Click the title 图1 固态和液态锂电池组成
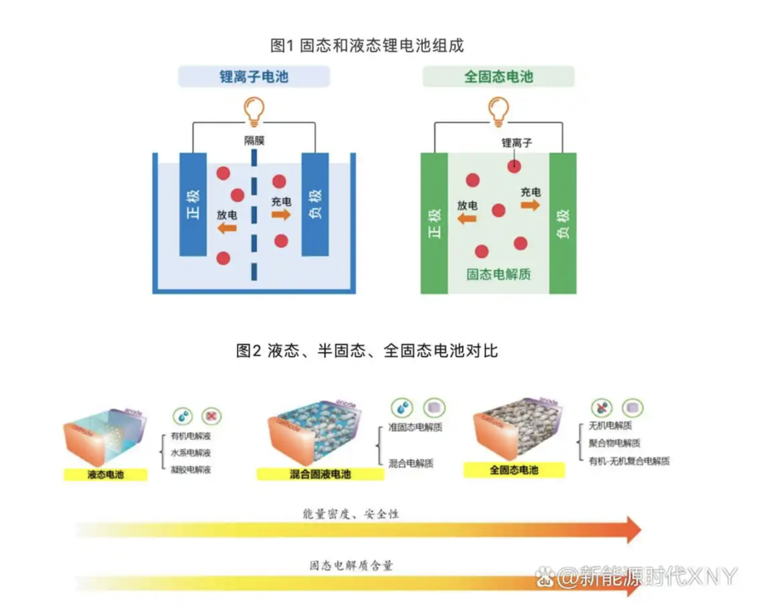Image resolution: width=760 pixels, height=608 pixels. click(x=367, y=45)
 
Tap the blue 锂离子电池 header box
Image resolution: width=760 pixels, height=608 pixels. click(x=254, y=76)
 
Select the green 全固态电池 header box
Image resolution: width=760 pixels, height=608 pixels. click(x=498, y=76)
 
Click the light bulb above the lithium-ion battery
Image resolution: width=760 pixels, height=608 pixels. click(x=254, y=110)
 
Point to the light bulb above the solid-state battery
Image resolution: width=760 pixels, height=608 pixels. click(x=498, y=110)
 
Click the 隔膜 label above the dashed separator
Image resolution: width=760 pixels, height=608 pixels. click(x=254, y=140)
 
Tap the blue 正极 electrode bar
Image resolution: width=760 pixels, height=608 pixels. click(x=193, y=204)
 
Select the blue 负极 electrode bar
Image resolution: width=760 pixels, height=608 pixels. click(x=315, y=204)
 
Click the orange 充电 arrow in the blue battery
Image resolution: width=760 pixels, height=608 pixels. click(x=281, y=215)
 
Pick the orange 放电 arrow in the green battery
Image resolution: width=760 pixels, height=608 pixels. click(x=467, y=218)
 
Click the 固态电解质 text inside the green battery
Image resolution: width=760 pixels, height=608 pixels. click(x=498, y=274)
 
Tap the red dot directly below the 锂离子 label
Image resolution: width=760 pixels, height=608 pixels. click(x=514, y=166)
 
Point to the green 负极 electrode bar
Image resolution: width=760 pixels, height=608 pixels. click(x=562, y=223)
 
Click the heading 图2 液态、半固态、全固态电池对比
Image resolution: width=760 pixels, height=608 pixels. click(x=367, y=350)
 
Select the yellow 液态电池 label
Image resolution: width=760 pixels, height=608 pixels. click(x=105, y=474)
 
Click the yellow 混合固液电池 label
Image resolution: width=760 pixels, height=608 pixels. click(x=320, y=474)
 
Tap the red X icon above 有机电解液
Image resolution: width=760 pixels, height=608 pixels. click(x=212, y=416)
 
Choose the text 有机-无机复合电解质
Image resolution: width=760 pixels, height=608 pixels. click(x=629, y=461)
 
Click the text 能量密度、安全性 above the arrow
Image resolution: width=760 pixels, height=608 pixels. click(x=351, y=514)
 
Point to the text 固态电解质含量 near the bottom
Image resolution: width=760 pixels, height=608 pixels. click(x=351, y=565)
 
